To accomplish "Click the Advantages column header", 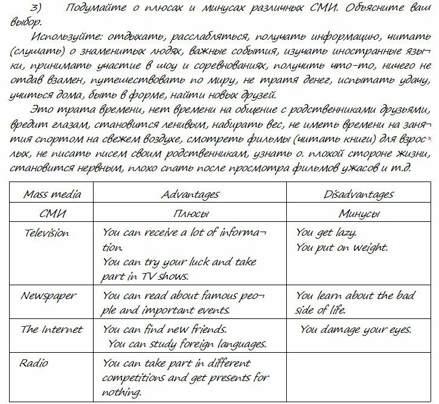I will pyautogui.click(x=190, y=194).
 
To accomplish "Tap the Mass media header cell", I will pyautogui.click(x=52, y=194).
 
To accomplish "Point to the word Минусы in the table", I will pyautogui.click(x=359, y=213).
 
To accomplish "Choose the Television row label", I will pyautogui.click(x=45, y=233).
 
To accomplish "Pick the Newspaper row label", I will pyautogui.click(x=48, y=295).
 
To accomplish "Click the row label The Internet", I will pyautogui.click(x=51, y=329).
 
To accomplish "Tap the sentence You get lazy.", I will pyautogui.click(x=326, y=233).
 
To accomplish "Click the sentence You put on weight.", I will pyautogui.click(x=342, y=247).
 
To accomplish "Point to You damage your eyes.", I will pyautogui.click(x=356, y=329).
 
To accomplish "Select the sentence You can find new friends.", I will pyautogui.click(x=164, y=329).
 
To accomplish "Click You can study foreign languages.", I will pyautogui.click(x=187, y=344).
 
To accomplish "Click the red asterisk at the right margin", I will pyautogui.click(x=429, y=139).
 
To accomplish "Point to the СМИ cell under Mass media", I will pyautogui.click(x=51, y=213).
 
